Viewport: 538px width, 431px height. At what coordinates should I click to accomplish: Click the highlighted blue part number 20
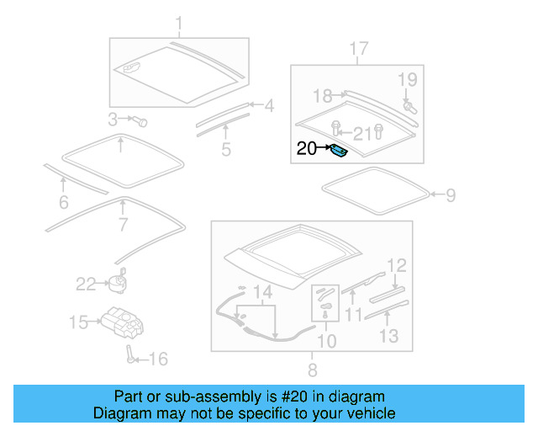tap(339, 152)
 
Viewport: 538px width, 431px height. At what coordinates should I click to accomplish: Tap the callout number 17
tap(358, 49)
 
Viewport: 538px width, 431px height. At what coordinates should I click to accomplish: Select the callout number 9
tap(451, 195)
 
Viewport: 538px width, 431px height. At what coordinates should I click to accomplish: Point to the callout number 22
tap(86, 284)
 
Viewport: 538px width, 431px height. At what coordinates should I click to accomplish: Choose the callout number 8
tap(312, 370)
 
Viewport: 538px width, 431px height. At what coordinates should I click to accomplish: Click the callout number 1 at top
tap(178, 22)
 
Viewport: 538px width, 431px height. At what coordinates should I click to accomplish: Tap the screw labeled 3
tap(140, 120)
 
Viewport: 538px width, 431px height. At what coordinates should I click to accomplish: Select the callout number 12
tap(397, 265)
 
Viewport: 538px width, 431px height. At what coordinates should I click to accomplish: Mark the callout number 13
tap(388, 337)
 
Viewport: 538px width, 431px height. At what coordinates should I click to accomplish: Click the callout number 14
tap(264, 293)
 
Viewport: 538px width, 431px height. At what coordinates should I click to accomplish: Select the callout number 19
tap(407, 80)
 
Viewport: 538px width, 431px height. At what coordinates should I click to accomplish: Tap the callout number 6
tap(62, 202)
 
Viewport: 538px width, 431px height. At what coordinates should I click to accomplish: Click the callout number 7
tap(123, 225)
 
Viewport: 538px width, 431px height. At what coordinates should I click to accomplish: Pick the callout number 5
tap(226, 150)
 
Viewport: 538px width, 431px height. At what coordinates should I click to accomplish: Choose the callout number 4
tap(269, 106)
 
